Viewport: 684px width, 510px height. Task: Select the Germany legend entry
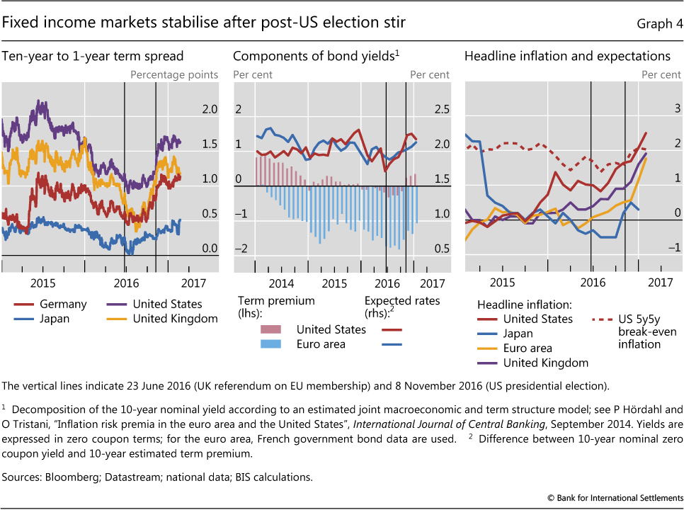click(63, 304)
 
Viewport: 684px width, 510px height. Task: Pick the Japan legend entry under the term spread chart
click(55, 319)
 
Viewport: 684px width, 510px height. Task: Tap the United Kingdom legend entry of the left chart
click(175, 319)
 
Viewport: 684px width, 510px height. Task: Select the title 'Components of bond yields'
click(314, 56)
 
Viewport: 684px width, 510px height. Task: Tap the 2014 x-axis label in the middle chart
click(281, 283)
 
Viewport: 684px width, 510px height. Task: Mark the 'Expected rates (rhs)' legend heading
click(401, 307)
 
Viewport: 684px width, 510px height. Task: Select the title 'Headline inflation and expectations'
click(567, 56)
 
